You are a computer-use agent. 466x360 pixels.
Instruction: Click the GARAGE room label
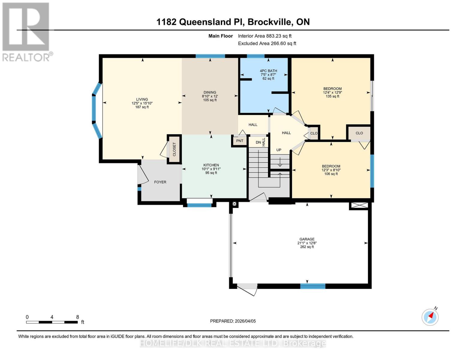(x=307, y=239)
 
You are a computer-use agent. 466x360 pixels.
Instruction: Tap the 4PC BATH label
(x=268, y=71)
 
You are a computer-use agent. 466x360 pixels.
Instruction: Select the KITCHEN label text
(x=211, y=165)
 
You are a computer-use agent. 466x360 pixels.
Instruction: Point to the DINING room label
(x=210, y=92)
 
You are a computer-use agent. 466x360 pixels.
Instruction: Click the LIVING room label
(x=142, y=99)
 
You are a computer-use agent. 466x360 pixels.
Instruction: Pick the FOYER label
(x=160, y=182)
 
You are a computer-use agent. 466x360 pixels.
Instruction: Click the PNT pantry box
(x=239, y=141)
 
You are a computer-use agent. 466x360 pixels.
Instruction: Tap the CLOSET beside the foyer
(x=174, y=149)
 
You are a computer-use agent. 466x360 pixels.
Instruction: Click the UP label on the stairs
(x=279, y=150)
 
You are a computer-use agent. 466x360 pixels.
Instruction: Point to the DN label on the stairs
(x=258, y=142)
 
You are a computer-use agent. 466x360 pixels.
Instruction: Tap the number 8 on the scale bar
(x=77, y=317)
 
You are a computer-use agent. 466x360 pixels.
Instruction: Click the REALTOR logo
(x=26, y=31)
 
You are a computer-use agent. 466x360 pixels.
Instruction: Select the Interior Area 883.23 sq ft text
(x=265, y=36)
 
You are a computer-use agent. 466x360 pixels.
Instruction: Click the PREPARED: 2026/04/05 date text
(x=233, y=321)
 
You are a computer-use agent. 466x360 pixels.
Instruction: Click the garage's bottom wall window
(x=313, y=286)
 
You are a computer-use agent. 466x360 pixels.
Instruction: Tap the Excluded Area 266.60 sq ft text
(x=267, y=43)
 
